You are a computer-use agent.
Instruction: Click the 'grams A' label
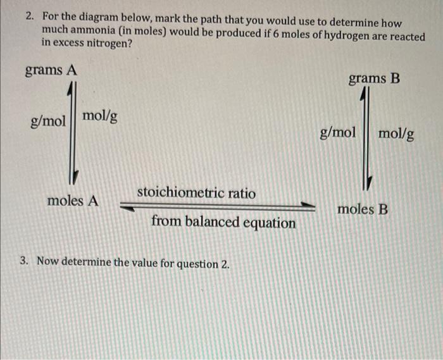pyautogui.click(x=51, y=70)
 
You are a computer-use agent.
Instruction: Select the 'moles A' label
pyautogui.click(x=73, y=201)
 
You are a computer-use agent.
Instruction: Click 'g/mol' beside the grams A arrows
pyautogui.click(x=49, y=121)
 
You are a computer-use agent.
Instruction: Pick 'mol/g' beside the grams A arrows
pyautogui.click(x=99, y=116)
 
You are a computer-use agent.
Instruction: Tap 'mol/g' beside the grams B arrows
pyautogui.click(x=397, y=133)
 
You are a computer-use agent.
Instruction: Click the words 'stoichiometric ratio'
pyautogui.click(x=196, y=192)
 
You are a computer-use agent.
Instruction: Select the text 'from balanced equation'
pyautogui.click(x=223, y=223)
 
